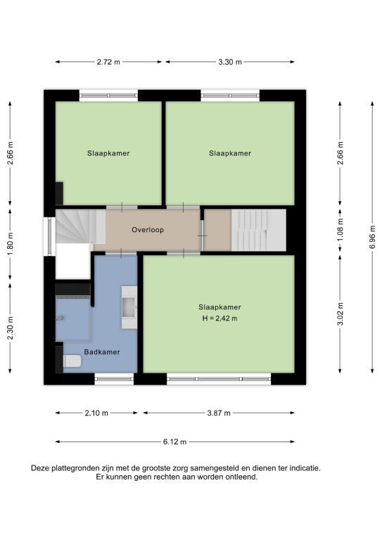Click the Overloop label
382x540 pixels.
(x=148, y=230)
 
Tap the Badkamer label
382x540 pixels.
(x=102, y=352)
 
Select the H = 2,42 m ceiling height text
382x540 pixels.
(x=219, y=319)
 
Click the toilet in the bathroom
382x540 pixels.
(x=72, y=361)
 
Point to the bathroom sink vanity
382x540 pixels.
(x=129, y=307)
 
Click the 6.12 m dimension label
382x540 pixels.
(x=174, y=442)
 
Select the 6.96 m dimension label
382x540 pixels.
(x=372, y=237)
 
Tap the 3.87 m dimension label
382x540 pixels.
(x=219, y=413)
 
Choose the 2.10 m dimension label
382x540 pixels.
(x=96, y=413)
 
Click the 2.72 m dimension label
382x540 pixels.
(x=108, y=62)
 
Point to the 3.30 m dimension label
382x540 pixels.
(x=230, y=62)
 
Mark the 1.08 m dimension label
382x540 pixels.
(x=340, y=230)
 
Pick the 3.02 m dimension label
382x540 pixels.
(x=340, y=314)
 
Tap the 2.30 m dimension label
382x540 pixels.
(x=11, y=328)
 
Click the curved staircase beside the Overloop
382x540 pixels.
(x=81, y=226)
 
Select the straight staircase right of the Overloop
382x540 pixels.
(x=258, y=230)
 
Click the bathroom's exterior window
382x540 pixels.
(x=114, y=379)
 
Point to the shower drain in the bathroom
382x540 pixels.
(x=61, y=319)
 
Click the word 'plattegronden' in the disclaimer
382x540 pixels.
(x=75, y=468)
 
